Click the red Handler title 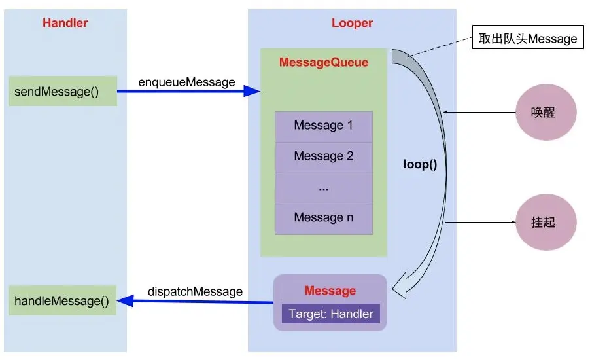(65, 23)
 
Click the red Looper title (352, 23)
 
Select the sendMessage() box (63, 91)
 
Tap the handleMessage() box (62, 300)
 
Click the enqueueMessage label (186, 82)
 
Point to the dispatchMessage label (195, 291)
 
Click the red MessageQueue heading (324, 63)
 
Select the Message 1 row (323, 125)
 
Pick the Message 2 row (323, 156)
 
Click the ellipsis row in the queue (323, 188)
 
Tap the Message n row (323, 218)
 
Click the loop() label (419, 164)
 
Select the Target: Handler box (330, 314)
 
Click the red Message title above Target (330, 291)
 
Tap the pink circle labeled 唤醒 (546, 112)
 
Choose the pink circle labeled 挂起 (546, 222)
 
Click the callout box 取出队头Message (528, 39)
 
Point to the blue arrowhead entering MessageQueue (252, 91)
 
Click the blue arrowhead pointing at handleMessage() (126, 301)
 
